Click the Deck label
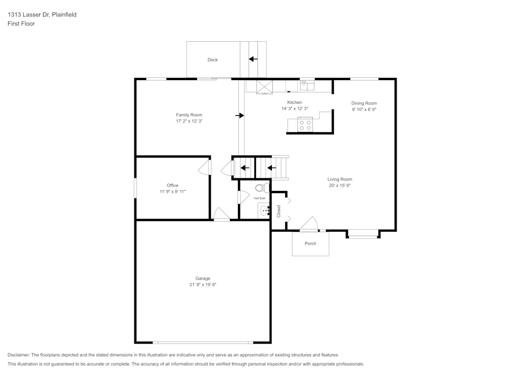(212, 60)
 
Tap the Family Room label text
(189, 115)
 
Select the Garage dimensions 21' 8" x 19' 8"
(203, 285)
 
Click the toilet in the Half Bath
(261, 188)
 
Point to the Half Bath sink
(265, 210)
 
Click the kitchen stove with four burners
(305, 125)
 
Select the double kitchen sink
(307, 86)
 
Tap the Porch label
(310, 244)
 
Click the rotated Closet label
(279, 211)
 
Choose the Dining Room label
(364, 103)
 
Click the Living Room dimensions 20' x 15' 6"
(339, 186)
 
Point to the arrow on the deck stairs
(253, 59)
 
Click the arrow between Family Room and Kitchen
(240, 115)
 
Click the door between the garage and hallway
(221, 215)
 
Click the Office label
(173, 186)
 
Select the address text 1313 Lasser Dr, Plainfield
(42, 15)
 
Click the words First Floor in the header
(21, 24)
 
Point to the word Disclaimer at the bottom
(19, 355)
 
